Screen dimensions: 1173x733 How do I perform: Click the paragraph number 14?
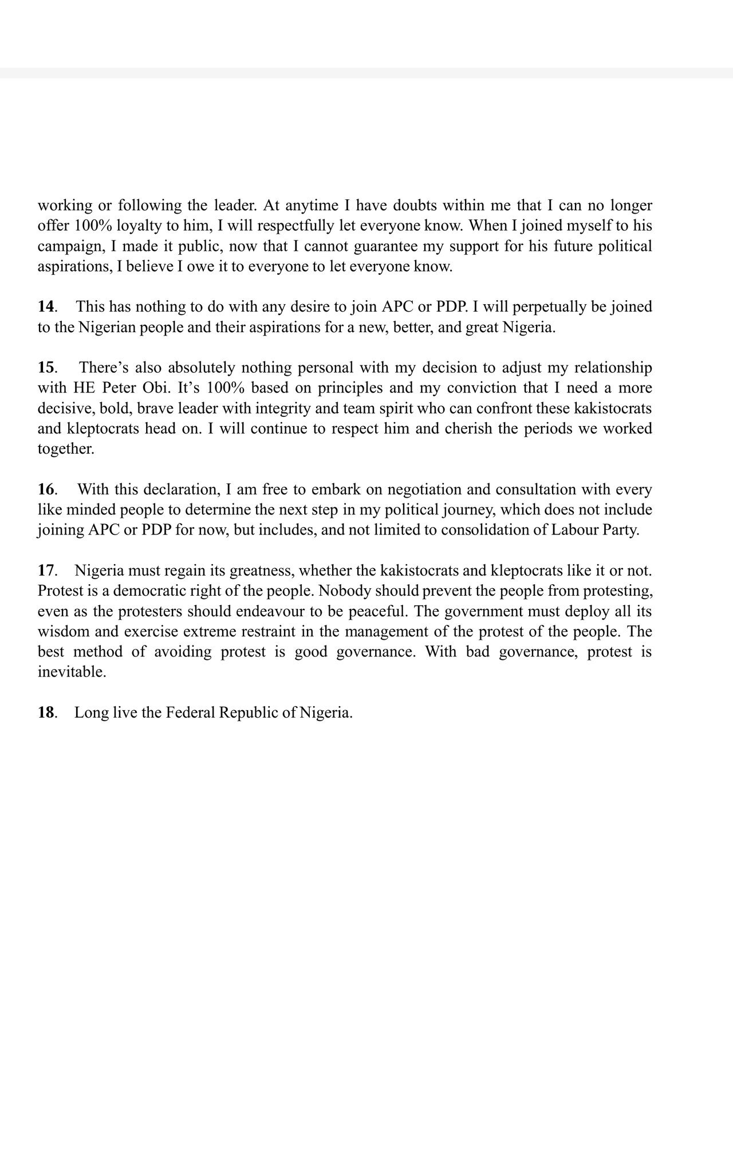46,307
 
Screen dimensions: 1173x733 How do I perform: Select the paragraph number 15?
46,368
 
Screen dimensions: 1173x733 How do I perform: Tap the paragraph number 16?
46,490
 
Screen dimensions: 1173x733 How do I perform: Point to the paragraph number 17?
46,571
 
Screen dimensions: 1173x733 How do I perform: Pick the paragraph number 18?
46,713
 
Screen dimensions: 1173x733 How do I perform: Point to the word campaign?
67,247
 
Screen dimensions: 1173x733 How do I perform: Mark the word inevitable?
72,672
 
